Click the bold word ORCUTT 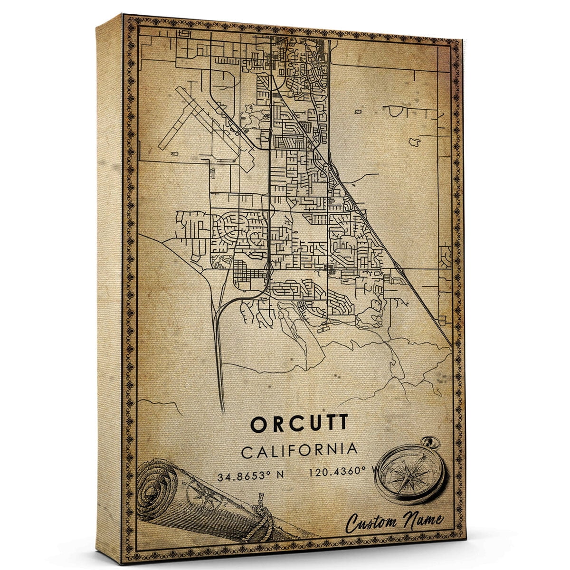(x=299, y=424)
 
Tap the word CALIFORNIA (x=299, y=450)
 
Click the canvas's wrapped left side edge (x=109, y=285)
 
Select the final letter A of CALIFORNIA (x=351, y=449)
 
